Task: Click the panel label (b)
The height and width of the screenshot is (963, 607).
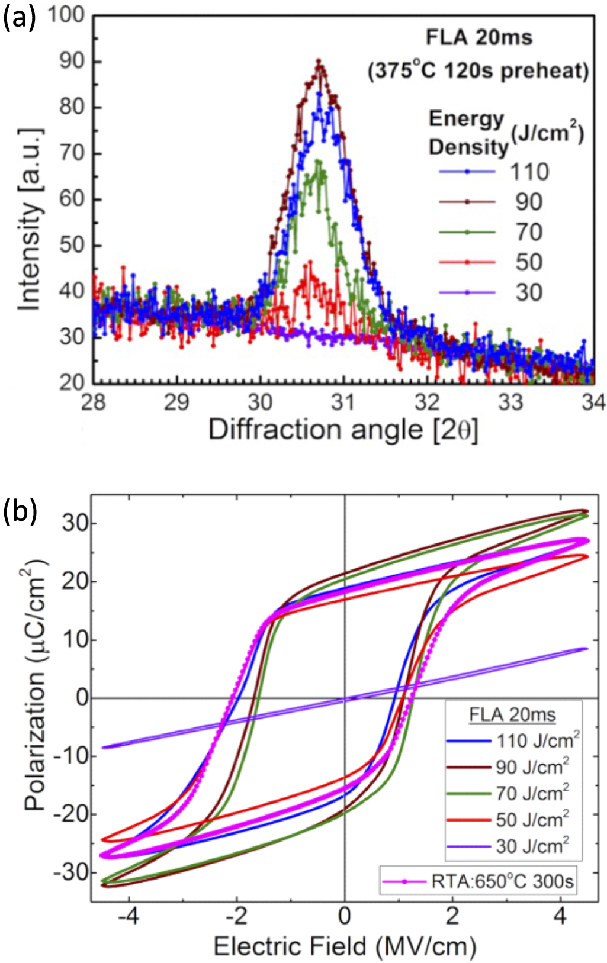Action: (x=19, y=512)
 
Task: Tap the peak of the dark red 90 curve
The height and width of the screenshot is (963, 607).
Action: (x=319, y=61)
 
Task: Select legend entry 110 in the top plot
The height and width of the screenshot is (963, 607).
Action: (x=529, y=172)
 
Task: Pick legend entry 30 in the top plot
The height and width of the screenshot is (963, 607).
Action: (x=528, y=292)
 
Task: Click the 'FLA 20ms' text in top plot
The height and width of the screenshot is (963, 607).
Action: (x=478, y=37)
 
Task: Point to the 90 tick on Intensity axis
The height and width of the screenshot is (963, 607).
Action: (x=72, y=62)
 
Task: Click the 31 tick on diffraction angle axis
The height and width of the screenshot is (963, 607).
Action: (x=343, y=402)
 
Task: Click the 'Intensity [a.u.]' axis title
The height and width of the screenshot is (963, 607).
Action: (x=30, y=219)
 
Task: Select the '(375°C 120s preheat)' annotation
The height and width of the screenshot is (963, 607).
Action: (x=478, y=71)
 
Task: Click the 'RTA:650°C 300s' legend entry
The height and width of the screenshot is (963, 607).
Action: (x=502, y=881)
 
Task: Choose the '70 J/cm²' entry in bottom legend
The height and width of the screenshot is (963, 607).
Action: (x=532, y=793)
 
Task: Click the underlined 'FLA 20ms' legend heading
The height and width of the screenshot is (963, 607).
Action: (x=512, y=714)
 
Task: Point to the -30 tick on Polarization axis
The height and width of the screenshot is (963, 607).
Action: (x=70, y=872)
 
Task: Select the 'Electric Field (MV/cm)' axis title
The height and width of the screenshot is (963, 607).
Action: (x=345, y=946)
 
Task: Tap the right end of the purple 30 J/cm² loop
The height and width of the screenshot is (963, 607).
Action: (x=587, y=649)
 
